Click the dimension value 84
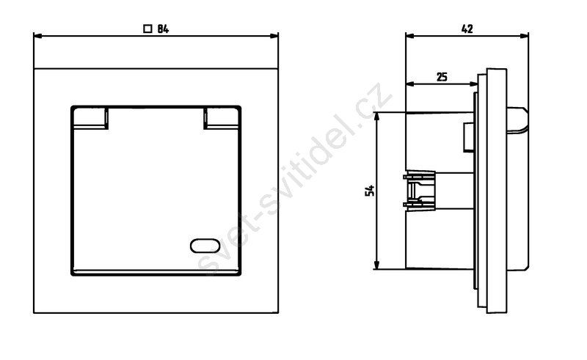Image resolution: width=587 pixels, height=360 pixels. tap(163, 29)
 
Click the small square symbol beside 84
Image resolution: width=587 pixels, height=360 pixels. tap(148, 29)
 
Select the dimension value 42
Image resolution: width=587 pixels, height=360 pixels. tap(467, 29)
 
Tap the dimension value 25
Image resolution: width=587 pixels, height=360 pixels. tap(442, 77)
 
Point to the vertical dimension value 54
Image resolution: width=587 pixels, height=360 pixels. tap(370, 191)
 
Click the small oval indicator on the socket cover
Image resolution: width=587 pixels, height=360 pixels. tap(205, 246)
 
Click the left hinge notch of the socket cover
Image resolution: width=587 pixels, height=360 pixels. tap(90, 118)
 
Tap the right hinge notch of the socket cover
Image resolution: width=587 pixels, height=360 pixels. tap(222, 118)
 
